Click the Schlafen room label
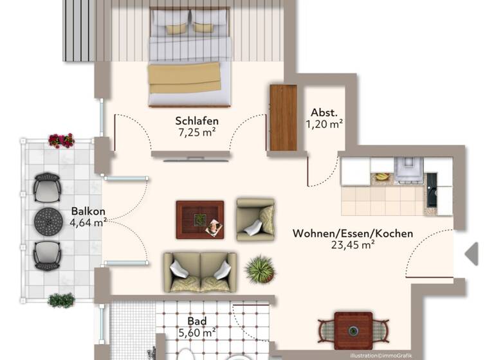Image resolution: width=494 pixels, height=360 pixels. (197, 121)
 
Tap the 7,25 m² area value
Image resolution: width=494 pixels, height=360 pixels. (197, 133)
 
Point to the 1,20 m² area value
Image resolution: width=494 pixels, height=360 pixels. (325, 124)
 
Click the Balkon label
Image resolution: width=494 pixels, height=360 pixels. (88, 211)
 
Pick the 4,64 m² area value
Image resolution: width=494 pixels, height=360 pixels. (88, 223)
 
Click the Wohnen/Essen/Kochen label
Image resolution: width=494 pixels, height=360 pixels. (352, 233)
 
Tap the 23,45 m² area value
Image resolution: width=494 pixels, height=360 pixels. (352, 244)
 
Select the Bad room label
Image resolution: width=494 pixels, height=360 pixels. (197, 321)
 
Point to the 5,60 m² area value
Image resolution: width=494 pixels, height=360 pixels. (197, 332)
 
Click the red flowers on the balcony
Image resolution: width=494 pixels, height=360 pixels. (61, 140)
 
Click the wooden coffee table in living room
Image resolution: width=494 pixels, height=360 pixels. (200, 219)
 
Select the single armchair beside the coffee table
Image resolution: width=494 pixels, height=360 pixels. (255, 219)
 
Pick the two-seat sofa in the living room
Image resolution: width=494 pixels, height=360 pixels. (200, 272)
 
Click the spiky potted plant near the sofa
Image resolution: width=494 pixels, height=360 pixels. (261, 269)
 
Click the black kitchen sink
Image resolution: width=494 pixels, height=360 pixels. (431, 190)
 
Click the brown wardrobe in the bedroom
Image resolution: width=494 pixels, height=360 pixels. (283, 118)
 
